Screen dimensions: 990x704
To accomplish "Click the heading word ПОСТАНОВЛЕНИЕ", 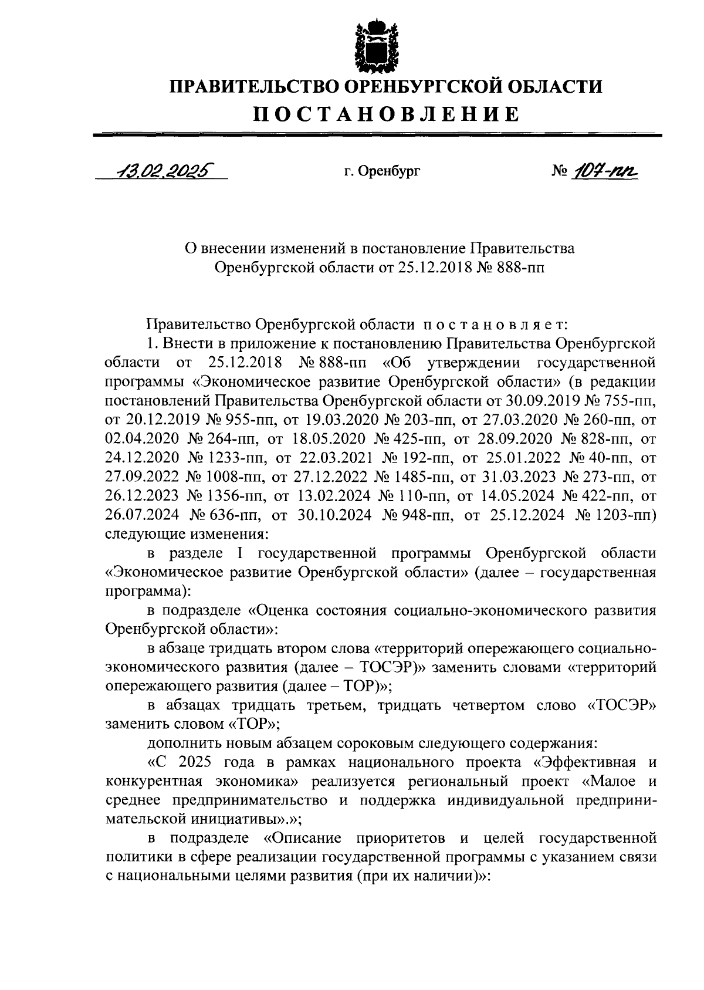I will click(x=386, y=113).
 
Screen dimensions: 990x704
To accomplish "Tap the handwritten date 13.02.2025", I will click(x=164, y=170).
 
